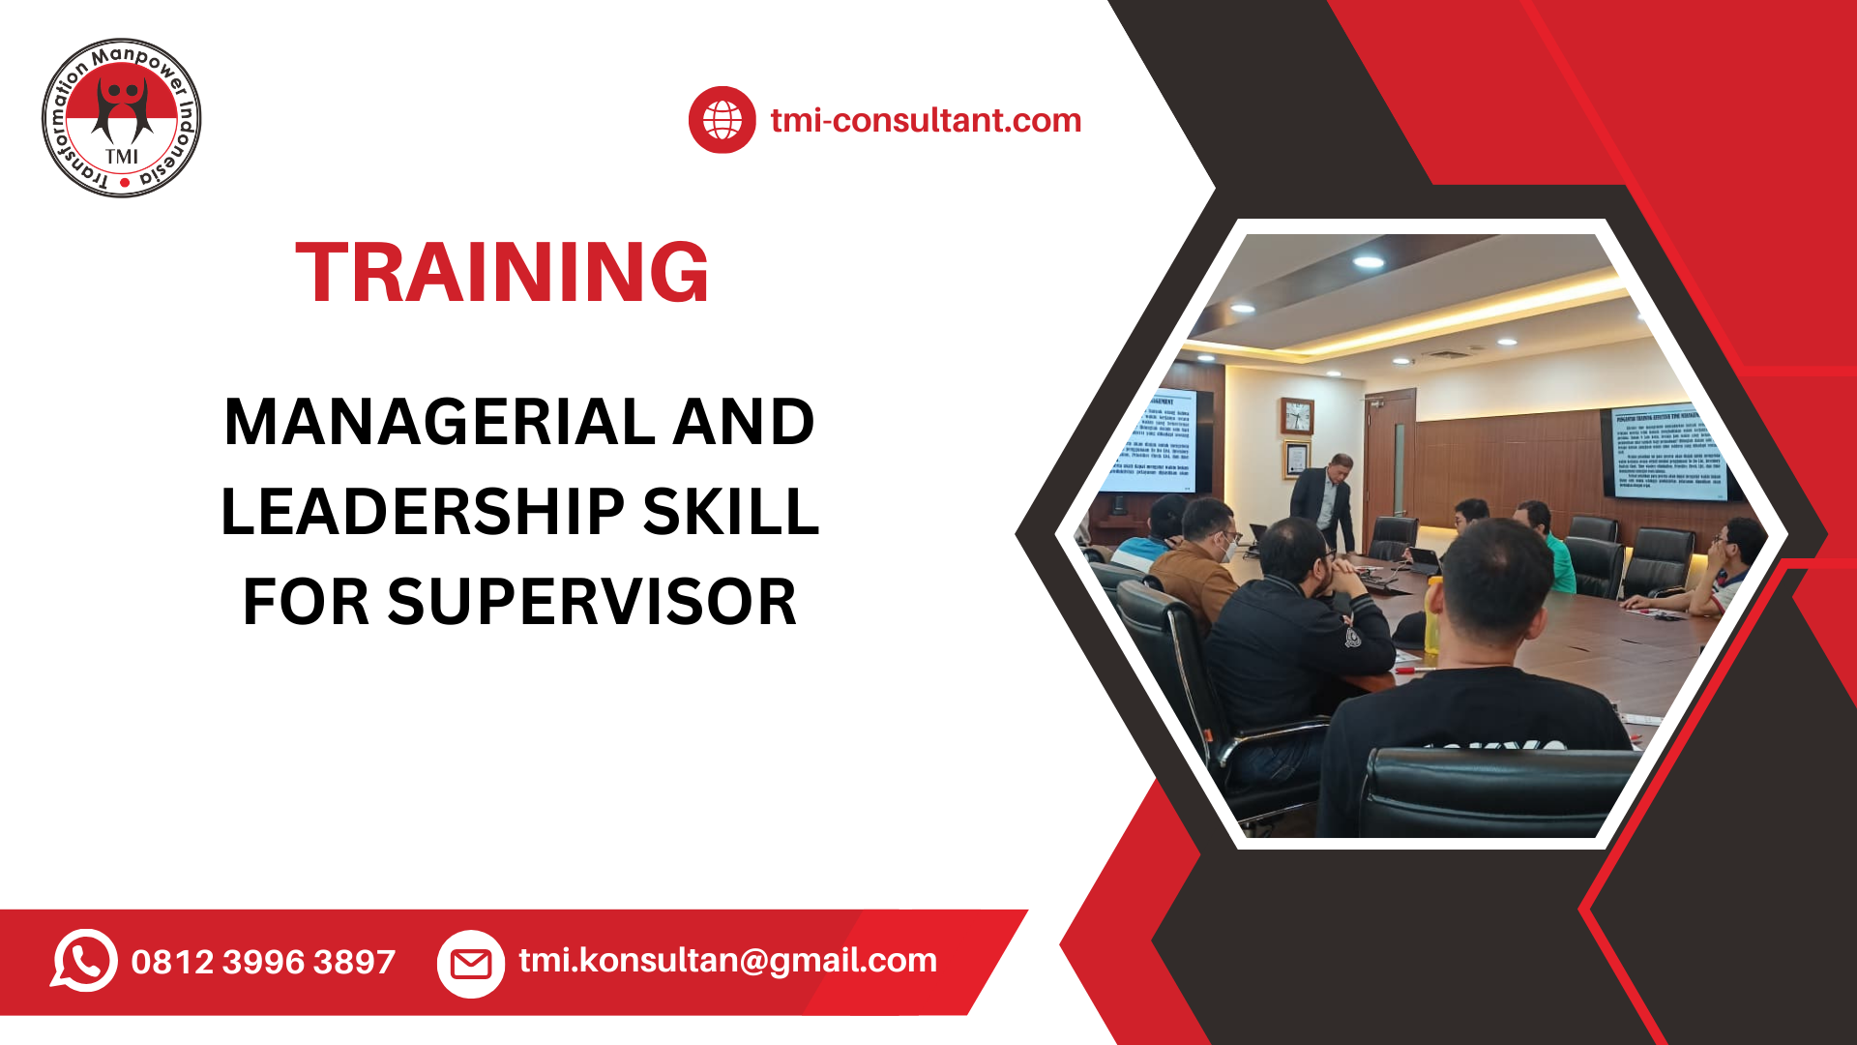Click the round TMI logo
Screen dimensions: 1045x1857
pyautogui.click(x=122, y=118)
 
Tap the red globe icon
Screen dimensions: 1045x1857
pyautogui.click(x=722, y=120)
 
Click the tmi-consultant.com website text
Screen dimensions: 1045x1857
pyautogui.click(x=926, y=120)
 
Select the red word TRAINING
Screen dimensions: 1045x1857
pyautogui.click(x=502, y=273)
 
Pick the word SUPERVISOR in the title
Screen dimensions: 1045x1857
pyautogui.click(x=592, y=602)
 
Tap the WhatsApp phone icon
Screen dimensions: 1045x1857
pyautogui.click(x=85, y=961)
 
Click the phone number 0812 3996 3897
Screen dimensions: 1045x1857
pyautogui.click(x=263, y=962)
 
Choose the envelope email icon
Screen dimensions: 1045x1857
pyautogui.click(x=471, y=964)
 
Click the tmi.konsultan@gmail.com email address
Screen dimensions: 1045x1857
pyautogui.click(x=727, y=960)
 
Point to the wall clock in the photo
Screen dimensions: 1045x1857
pyautogui.click(x=1297, y=416)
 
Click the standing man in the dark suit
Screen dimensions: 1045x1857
pyautogui.click(x=1326, y=498)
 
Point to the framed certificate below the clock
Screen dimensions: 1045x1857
pyautogui.click(x=1296, y=459)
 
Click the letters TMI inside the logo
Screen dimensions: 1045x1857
pyautogui.click(x=122, y=156)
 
